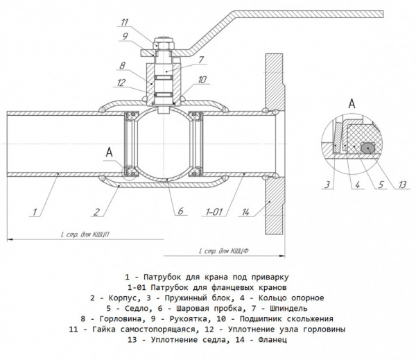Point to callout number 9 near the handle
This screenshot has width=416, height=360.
coord(125,35)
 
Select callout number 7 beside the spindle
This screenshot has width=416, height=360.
coord(199,60)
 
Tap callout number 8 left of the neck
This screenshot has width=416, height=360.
coord(122,67)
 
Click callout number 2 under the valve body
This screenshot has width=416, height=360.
coord(98,212)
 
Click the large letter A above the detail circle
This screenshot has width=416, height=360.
coord(352,103)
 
